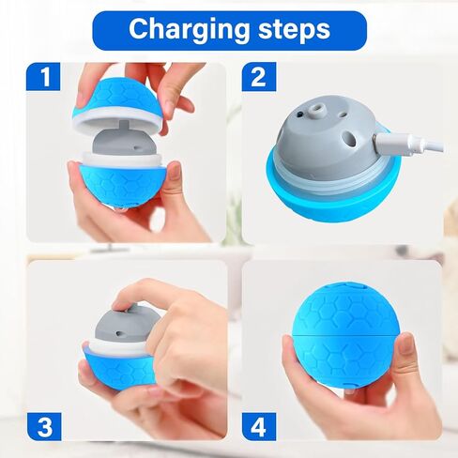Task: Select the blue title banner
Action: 228,29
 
